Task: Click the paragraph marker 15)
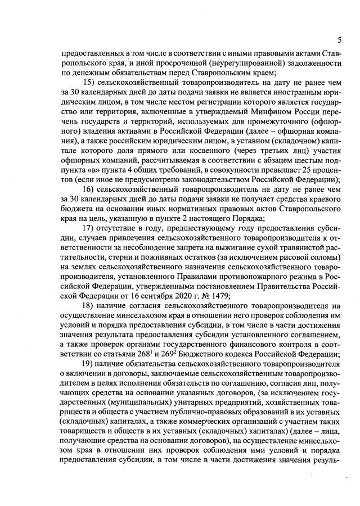pyautogui.click(x=90, y=83)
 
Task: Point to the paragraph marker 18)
pyautogui.click(x=90, y=305)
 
